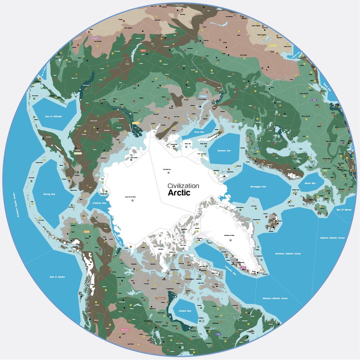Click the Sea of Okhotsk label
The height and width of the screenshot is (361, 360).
click(53, 116)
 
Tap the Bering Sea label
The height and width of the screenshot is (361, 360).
click(49, 194)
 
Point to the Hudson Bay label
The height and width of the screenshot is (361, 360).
click(185, 311)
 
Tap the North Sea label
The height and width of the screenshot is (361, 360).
click(310, 183)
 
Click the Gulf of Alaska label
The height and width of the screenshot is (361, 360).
click(57, 277)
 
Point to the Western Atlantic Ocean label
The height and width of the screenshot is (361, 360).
click(275, 298)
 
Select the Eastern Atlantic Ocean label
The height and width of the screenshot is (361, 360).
click(332, 238)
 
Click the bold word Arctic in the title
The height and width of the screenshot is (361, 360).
click(179, 193)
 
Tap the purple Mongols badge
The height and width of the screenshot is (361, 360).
click(95, 38)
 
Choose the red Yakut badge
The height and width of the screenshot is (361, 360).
click(143, 50)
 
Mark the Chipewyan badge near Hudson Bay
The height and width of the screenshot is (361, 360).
click(160, 298)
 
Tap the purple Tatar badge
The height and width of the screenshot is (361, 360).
click(315, 100)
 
